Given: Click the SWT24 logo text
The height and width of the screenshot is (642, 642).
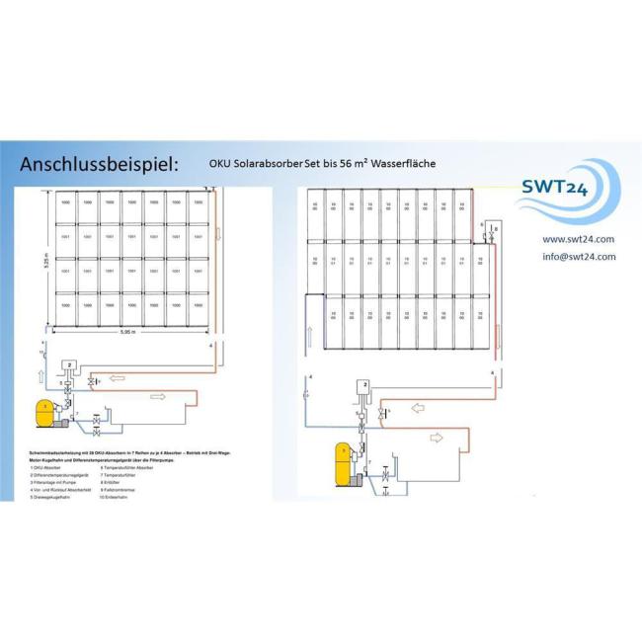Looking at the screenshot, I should (x=556, y=187).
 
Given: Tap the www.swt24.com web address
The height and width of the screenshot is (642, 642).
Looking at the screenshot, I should (x=578, y=239).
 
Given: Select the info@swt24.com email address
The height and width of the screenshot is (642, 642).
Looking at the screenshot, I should (x=579, y=256).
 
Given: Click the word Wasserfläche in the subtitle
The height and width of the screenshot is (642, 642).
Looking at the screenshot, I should (x=400, y=162).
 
